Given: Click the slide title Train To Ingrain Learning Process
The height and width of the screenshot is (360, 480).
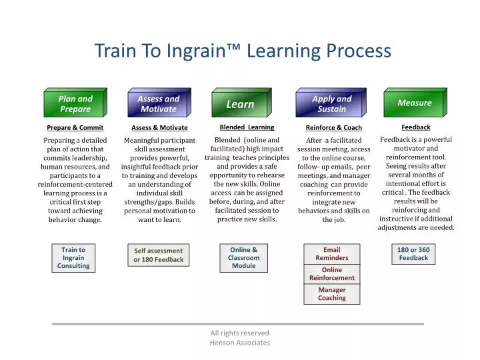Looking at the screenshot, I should coord(242,51).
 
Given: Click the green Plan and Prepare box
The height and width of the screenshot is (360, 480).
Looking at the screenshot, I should coord(75,103).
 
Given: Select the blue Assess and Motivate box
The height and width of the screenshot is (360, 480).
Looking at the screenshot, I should coord(158,103).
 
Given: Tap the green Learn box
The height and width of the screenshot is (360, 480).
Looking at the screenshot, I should coord(240,104).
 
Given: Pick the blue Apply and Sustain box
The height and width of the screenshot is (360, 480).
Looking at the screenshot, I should coord(331,103).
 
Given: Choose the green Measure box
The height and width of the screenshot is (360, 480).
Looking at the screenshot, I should coord(414,103).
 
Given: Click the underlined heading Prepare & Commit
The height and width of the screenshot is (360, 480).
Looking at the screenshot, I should coord(75,127).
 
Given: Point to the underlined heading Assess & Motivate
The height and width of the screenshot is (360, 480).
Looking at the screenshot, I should coord(159,127).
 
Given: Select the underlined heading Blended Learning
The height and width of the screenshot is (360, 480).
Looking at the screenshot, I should coord(247,127).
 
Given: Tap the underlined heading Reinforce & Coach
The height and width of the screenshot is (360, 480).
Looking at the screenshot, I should coord(333,127).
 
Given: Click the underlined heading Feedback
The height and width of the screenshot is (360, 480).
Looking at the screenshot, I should coord(415,127).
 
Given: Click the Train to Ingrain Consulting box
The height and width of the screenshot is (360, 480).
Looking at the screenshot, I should coord(73,258).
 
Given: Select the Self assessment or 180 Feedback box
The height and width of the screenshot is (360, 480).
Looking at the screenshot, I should coord(158,255).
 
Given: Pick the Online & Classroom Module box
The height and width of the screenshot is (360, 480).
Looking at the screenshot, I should coord(243,258).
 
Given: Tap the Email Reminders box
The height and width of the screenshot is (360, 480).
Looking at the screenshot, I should coord(331,254).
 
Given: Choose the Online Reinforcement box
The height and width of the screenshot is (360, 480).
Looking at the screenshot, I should coord(331,274).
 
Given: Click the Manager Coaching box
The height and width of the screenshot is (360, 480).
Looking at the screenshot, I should coord(331,294).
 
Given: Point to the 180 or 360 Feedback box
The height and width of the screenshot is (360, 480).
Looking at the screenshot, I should coord(413,254).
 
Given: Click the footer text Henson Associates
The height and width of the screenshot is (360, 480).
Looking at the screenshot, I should coord(240,343).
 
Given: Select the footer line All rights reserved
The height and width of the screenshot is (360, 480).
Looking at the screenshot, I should coord(240,333).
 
